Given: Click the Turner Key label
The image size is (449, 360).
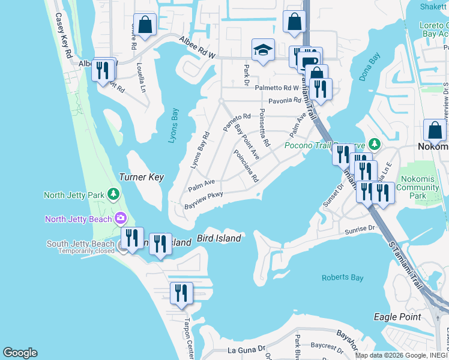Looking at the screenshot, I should (142, 178).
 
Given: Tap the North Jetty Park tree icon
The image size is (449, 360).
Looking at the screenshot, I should (113, 194).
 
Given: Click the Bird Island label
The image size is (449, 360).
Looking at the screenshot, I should (218, 238).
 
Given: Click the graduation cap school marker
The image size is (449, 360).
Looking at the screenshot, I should (263, 50).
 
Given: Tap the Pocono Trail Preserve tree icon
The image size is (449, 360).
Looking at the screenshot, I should (375, 144).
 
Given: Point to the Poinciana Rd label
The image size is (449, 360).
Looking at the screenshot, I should (247, 167).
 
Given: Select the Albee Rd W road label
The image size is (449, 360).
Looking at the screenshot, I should (197, 47).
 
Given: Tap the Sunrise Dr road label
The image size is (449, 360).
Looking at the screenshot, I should (359, 229).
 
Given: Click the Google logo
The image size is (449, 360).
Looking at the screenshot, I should (20, 353).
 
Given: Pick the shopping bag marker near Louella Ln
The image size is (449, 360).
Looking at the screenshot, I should (145, 25).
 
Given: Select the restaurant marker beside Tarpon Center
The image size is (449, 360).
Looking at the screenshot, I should (181, 293).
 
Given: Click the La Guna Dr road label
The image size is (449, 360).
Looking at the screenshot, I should (246, 349).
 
